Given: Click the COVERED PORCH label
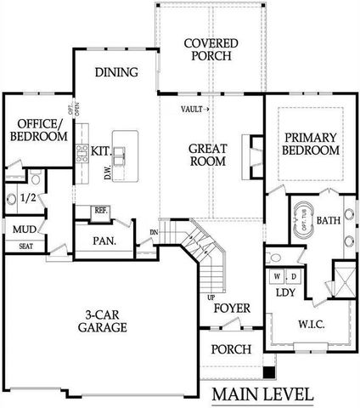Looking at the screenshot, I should (x=210, y=50).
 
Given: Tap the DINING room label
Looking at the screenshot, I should (x=116, y=72).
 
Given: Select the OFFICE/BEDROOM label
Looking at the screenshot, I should (x=38, y=129).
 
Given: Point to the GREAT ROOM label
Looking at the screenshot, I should (x=207, y=154).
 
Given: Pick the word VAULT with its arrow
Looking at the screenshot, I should (x=196, y=110).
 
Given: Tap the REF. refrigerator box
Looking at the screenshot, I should (x=100, y=210).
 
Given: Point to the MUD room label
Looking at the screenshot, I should (x=23, y=229).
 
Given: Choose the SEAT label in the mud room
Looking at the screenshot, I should (x=25, y=246).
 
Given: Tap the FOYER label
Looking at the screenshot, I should (x=230, y=308).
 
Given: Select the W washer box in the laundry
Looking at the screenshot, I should (x=277, y=276).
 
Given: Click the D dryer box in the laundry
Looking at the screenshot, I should (x=294, y=276).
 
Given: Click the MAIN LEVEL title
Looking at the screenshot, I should (x=262, y=394).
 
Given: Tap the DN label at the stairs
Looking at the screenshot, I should (x=154, y=232).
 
